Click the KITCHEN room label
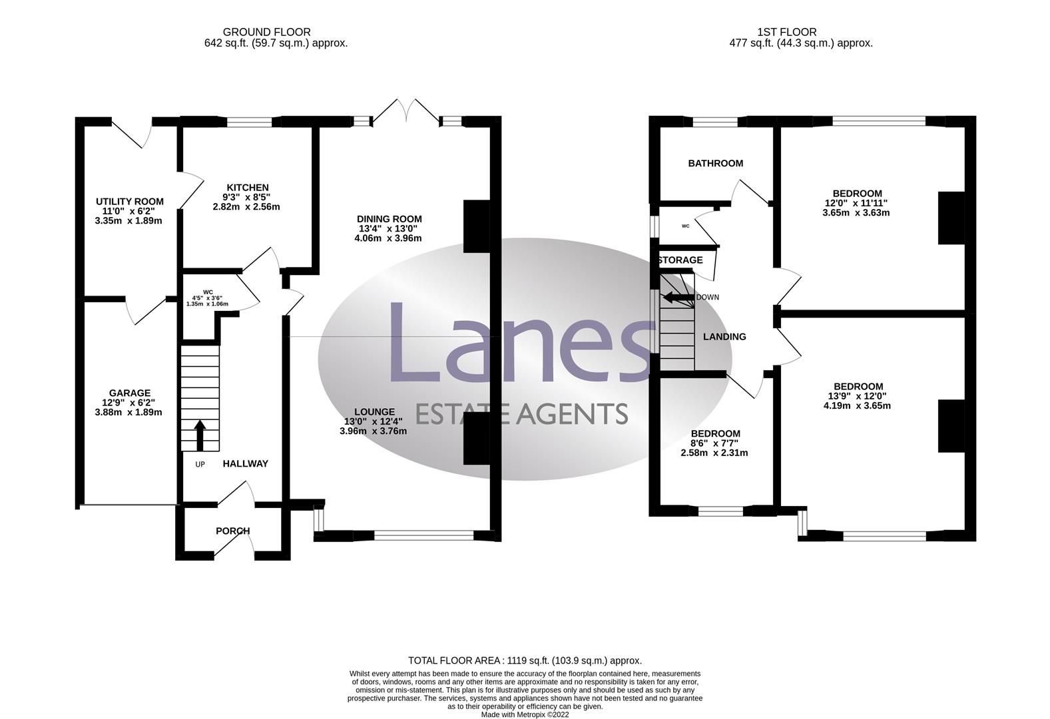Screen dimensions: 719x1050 [247, 188]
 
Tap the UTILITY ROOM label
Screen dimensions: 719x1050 [129, 202]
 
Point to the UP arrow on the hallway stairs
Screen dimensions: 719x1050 [200, 435]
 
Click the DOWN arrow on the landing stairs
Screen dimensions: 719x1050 [676, 297]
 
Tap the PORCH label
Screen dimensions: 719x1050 [233, 531]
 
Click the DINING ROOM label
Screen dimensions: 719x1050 [389, 219]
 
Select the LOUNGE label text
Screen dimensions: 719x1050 [374, 411]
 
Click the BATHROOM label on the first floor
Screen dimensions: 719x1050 [715, 163]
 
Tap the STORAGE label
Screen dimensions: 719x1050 [680, 260]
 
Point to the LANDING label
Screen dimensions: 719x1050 [724, 337]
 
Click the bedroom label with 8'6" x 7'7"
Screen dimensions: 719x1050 [715, 433]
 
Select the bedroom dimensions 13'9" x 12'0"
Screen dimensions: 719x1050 [858, 396]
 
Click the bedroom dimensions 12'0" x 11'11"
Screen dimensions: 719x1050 [856, 204]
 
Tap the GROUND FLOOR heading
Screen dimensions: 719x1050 [266, 32]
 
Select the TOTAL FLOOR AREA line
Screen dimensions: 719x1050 [525, 660]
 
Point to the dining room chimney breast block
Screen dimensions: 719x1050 [476, 226]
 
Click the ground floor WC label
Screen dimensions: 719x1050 [208, 292]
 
